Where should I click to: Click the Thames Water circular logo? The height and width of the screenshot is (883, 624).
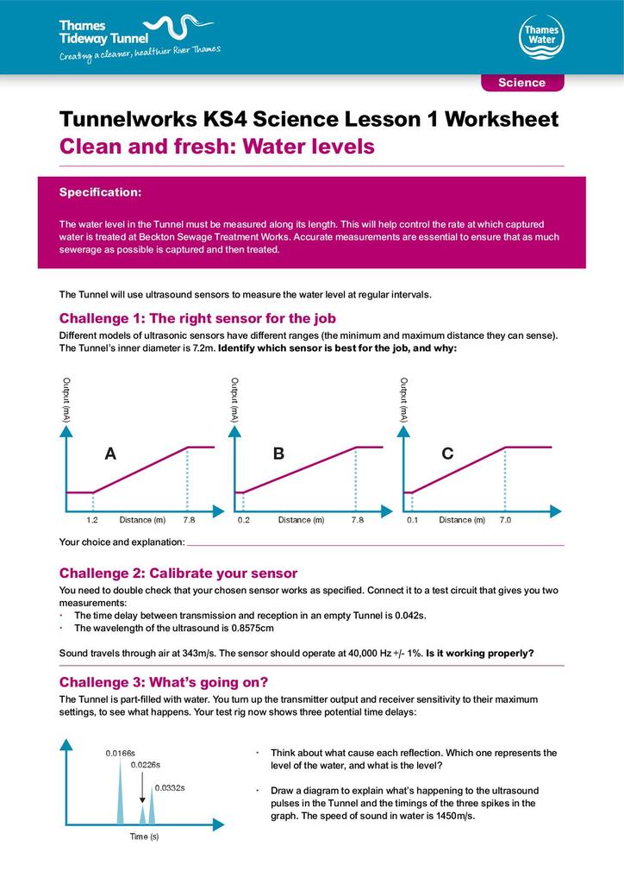(541, 37)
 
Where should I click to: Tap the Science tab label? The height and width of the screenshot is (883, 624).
(521, 83)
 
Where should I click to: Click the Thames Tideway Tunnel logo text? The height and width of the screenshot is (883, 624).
(104, 32)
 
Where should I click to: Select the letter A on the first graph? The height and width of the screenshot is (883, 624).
(110, 454)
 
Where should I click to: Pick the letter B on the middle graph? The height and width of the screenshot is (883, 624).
(278, 454)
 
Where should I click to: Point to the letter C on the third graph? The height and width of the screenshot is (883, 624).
(447, 454)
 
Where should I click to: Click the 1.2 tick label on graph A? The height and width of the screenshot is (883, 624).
(92, 520)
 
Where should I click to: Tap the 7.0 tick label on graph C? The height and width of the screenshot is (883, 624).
(505, 520)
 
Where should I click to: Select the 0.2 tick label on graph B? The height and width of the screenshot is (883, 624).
(244, 520)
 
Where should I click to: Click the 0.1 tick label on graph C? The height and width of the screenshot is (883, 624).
(413, 520)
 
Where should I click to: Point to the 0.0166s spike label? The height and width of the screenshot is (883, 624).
(121, 754)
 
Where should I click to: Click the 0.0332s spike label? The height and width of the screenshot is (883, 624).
(170, 788)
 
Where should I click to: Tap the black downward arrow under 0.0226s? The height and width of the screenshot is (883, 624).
(142, 787)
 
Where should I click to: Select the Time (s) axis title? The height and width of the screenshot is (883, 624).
(144, 836)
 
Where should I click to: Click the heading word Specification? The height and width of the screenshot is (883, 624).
(100, 192)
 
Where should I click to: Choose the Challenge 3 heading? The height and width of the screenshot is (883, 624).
(164, 683)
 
